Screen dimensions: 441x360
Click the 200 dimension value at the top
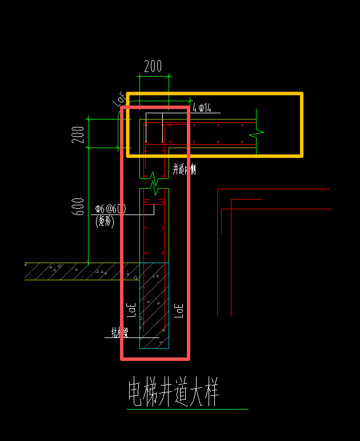pos(153,66)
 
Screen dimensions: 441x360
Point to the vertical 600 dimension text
pos(79,205)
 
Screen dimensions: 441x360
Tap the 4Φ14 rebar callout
pos(202,108)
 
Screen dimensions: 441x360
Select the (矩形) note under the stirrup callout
pos(105,219)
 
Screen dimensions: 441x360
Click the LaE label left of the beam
pos(131,309)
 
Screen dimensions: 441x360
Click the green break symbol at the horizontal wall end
pos(256,133)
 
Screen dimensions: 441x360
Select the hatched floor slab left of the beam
pos(74,271)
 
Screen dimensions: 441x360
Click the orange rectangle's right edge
pos(301,124)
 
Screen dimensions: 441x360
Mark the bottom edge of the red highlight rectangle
pos(155,359)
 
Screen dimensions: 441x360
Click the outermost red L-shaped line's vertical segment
pos(218,252)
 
